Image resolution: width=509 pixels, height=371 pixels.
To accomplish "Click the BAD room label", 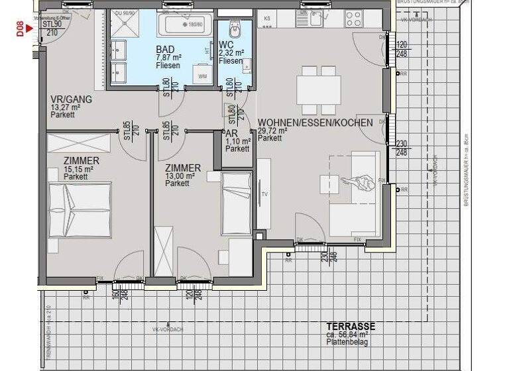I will click(x=166, y=50).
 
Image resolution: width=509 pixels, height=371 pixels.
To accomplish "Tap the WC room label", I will click(x=225, y=46).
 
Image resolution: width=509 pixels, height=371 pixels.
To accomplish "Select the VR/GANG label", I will click(x=71, y=99).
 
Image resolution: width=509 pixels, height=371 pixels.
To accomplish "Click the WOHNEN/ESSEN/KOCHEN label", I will click(x=306, y=123).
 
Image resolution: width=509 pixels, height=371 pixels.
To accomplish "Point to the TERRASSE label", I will click(x=351, y=326).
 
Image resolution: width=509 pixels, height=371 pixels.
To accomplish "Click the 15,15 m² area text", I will click(x=78, y=169).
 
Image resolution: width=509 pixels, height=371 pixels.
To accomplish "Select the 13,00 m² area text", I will click(x=180, y=176).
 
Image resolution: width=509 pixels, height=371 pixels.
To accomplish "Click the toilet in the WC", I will click(x=234, y=30).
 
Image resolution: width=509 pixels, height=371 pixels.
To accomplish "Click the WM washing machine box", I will click(x=202, y=77).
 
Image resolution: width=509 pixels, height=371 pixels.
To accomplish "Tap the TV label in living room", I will click(x=264, y=194).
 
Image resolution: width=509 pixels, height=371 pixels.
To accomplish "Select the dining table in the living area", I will click(x=319, y=90).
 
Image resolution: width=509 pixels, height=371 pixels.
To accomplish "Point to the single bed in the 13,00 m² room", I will click(x=237, y=199).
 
